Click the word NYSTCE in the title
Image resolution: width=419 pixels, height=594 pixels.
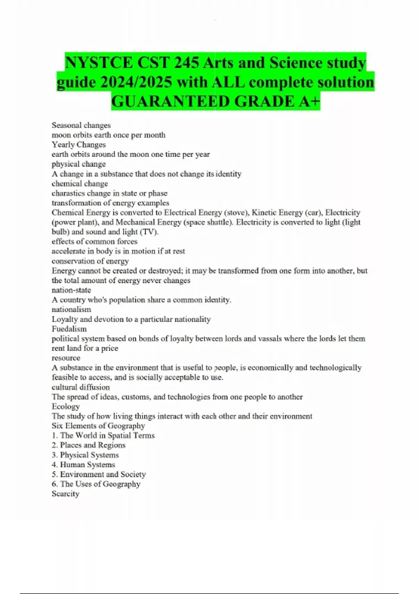[99, 63]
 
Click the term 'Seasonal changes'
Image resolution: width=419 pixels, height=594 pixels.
[81, 125]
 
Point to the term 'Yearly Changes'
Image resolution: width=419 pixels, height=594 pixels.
[79, 145]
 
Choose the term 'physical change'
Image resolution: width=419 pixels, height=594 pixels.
[79, 164]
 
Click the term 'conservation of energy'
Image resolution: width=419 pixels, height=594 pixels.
[90, 261]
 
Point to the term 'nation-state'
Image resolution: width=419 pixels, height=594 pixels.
[71, 290]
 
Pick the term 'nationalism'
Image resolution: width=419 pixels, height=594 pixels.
[71, 309]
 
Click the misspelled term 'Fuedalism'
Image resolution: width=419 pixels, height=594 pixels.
[69, 329]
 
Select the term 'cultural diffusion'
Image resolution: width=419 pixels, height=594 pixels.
[81, 387]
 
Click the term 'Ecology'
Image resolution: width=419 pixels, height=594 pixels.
[66, 406]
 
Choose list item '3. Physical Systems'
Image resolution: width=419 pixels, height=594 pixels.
[85, 455]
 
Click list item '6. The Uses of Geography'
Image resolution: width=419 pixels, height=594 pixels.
[96, 484]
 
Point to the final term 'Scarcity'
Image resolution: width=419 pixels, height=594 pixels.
[65, 494]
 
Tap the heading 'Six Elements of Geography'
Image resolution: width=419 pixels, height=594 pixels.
[98, 426]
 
